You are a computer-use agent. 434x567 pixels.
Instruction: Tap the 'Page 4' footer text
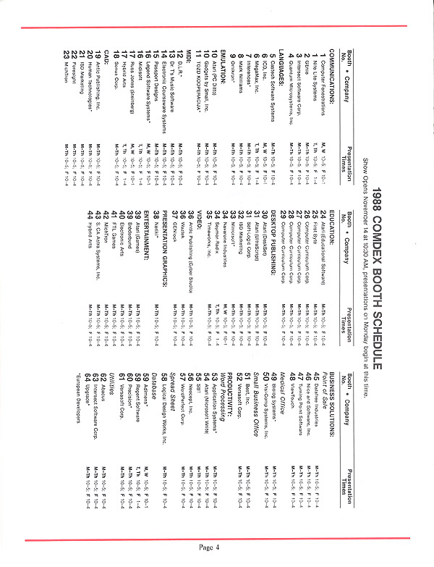(208, 546)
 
